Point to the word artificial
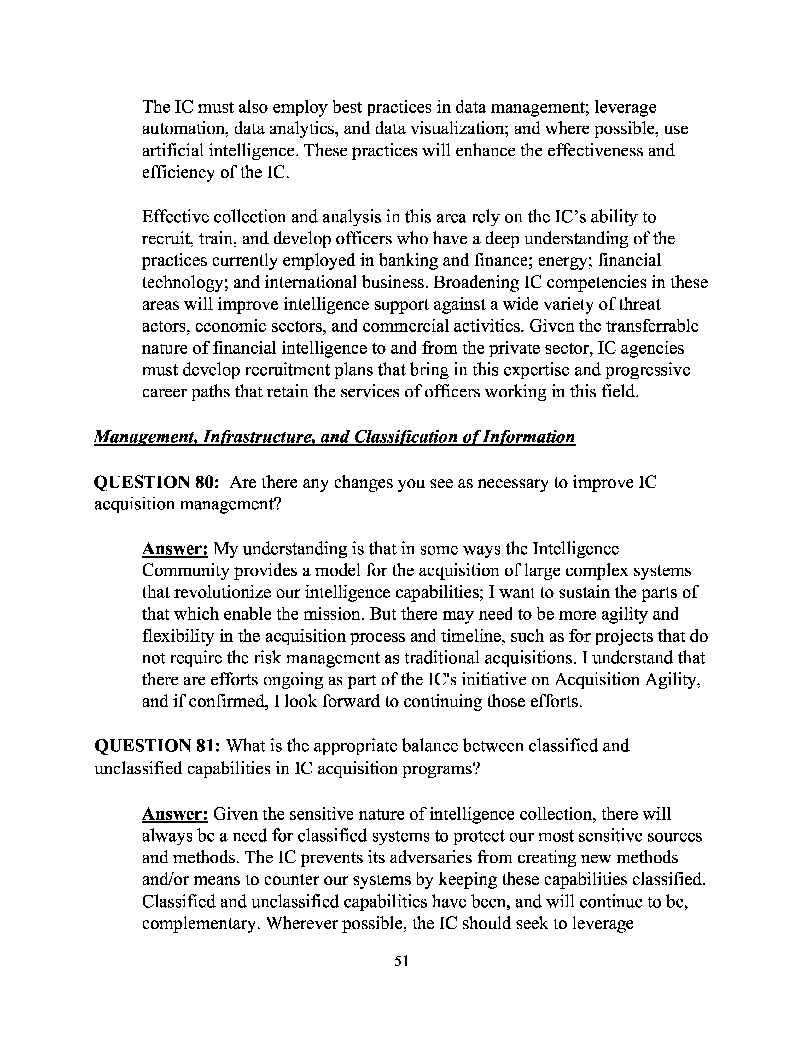[173, 150]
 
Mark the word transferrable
[652, 326]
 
